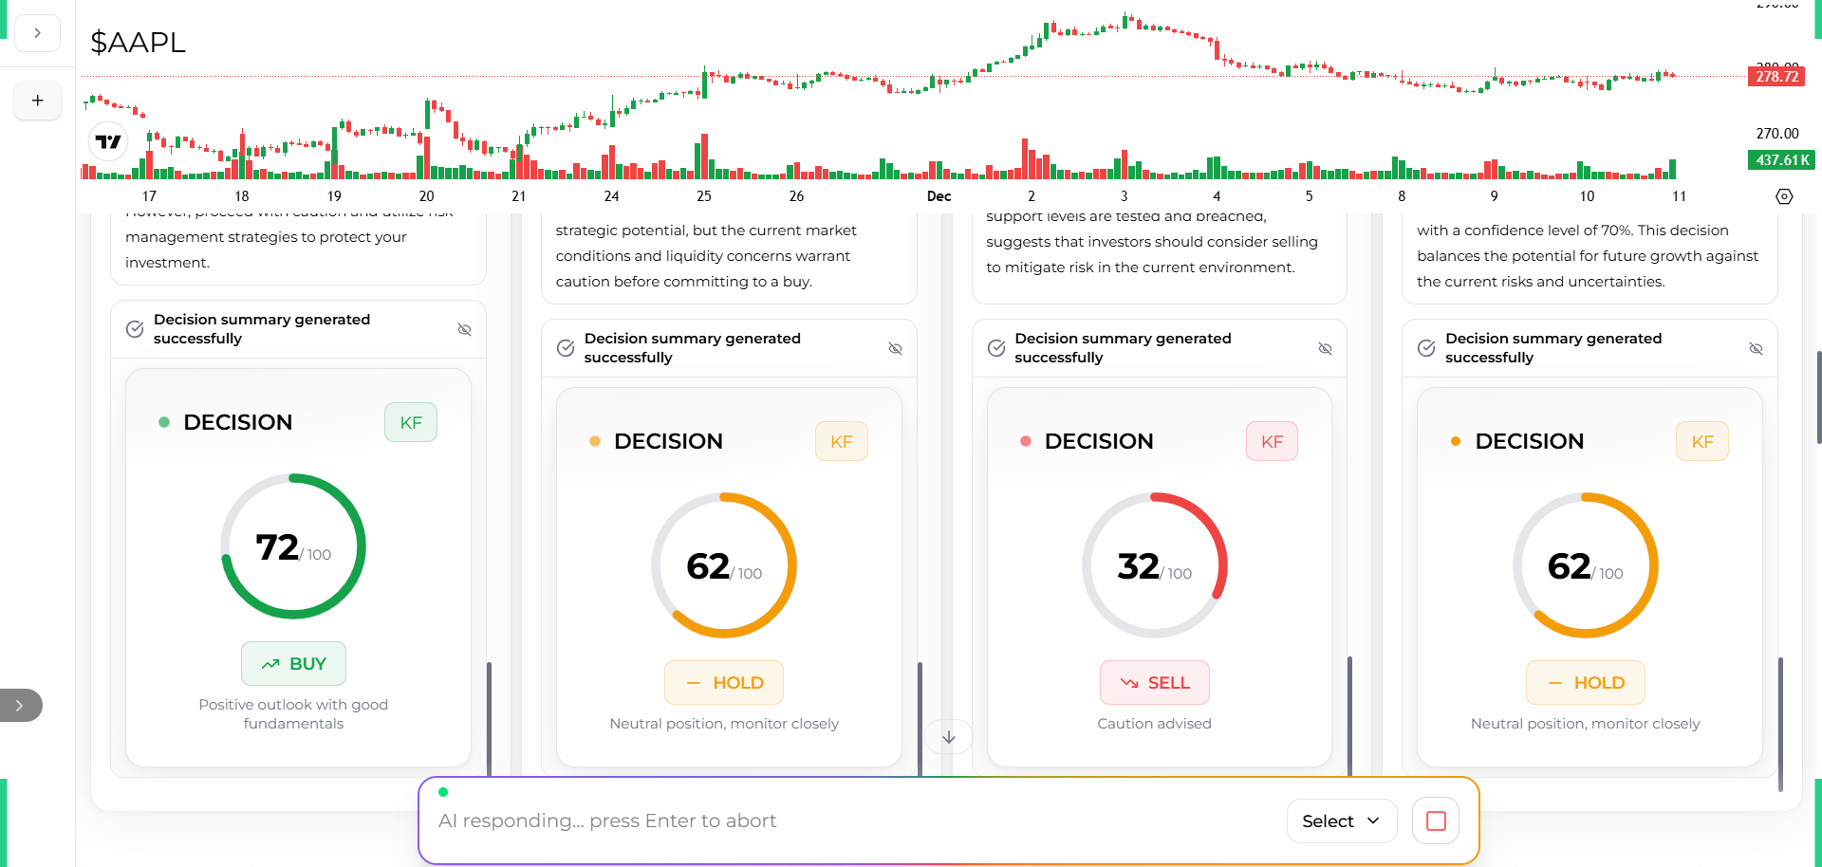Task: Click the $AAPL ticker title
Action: coord(138,43)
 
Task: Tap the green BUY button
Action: coord(293,664)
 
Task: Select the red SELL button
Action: coord(1154,683)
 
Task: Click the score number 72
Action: coord(277,547)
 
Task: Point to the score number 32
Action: coord(1138,566)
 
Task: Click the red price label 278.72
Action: coord(1776,77)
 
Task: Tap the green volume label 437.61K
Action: coord(1781,160)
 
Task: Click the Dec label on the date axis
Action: coord(939,196)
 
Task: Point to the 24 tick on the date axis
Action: coord(611,196)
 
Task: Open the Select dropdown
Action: coord(1341,821)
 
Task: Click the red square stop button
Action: coord(1436,821)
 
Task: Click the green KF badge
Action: coord(411,423)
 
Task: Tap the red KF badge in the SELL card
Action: coord(1272,442)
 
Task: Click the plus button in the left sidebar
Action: coord(38,101)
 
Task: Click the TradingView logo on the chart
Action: coord(108,142)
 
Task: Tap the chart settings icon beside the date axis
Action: coord(1784,196)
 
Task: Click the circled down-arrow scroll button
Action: coord(949,737)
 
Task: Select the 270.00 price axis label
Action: coord(1776,134)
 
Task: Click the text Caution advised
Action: coord(1154,724)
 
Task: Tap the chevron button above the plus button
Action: coord(38,33)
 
